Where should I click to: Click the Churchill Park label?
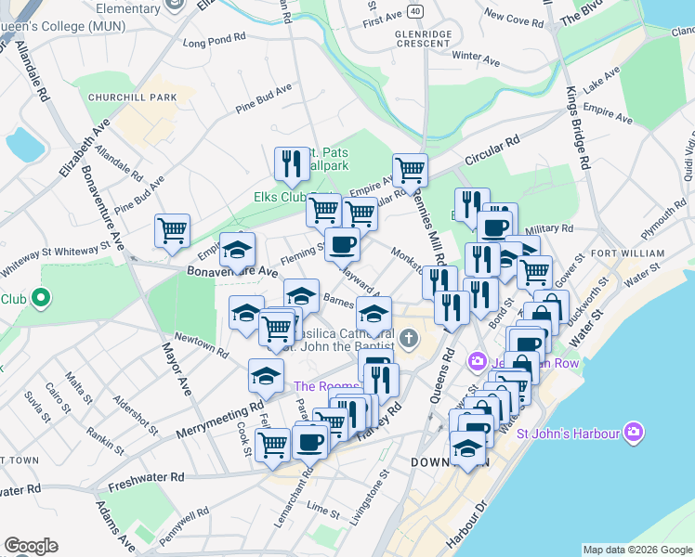coord(132,97)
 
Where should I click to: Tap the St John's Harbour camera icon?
coord(634,432)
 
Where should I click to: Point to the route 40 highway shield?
coord(415,11)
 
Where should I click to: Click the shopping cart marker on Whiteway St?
coord(173,229)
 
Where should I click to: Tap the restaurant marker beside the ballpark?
coord(293,164)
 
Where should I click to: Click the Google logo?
coord(31,546)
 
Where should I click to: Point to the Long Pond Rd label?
coord(214,43)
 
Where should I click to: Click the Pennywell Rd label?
coord(183,525)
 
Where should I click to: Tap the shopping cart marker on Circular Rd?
coord(409,170)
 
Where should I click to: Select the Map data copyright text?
coord(636,550)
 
